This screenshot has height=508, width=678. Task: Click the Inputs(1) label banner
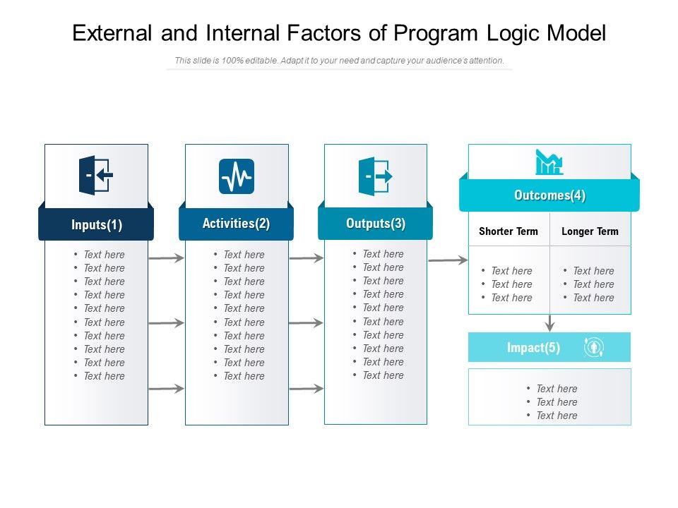click(96, 225)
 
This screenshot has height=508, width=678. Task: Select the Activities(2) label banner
click(236, 224)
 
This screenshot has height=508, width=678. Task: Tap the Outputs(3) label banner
click(375, 224)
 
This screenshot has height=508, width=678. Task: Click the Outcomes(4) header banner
click(549, 195)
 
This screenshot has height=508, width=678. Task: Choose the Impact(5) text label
click(533, 348)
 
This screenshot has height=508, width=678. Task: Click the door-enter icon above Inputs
click(95, 175)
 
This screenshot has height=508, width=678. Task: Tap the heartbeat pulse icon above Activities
click(237, 176)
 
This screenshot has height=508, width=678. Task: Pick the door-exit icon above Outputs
click(375, 175)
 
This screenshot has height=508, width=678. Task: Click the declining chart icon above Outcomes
click(549, 162)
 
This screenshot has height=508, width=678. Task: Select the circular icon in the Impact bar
click(594, 347)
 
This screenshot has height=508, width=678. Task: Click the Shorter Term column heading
click(509, 231)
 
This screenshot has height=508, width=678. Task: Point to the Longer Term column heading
click(590, 231)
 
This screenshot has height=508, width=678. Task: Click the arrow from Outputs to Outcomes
click(447, 260)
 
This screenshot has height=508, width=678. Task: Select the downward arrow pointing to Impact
click(549, 323)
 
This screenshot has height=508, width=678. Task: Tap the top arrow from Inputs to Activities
click(166, 259)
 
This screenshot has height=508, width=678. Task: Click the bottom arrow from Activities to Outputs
click(306, 388)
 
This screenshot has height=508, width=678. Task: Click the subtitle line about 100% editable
click(339, 61)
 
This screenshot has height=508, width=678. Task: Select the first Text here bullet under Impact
click(556, 389)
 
